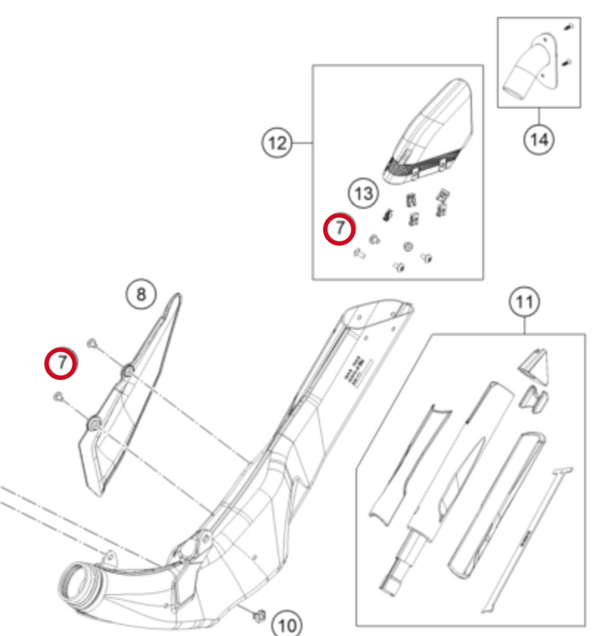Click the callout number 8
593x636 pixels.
[x=140, y=294]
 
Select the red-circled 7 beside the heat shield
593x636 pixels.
[x=61, y=363]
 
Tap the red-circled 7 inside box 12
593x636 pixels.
[x=340, y=230]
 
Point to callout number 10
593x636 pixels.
[x=286, y=624]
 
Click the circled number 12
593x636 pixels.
[x=277, y=143]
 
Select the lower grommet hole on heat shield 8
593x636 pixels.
[x=94, y=423]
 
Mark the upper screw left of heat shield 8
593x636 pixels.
[x=93, y=343]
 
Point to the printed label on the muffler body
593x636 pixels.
[x=355, y=373]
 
